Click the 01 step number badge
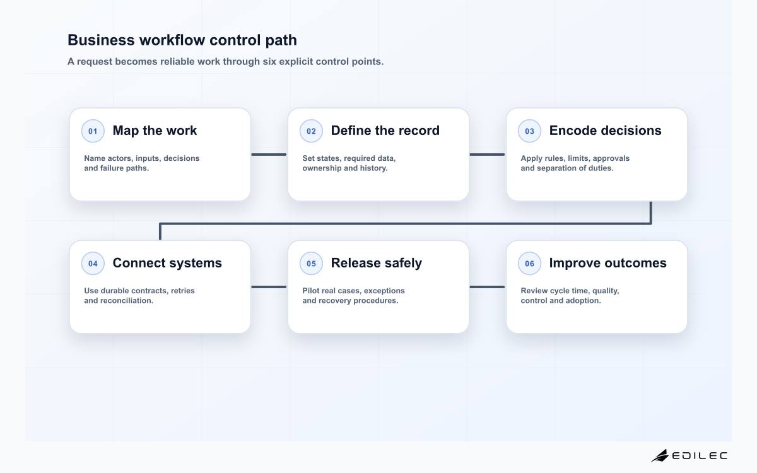93,131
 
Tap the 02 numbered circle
311,131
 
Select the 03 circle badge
529,131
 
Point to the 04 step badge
93,263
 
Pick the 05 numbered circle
311,263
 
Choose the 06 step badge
529,263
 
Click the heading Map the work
155,131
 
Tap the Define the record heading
385,131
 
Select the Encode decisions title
605,131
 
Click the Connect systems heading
167,263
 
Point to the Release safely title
376,263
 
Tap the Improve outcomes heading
607,263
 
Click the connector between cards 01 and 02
269,155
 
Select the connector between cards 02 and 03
487,155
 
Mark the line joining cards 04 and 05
269,287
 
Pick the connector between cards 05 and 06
487,287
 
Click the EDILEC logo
689,455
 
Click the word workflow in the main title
172,40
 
